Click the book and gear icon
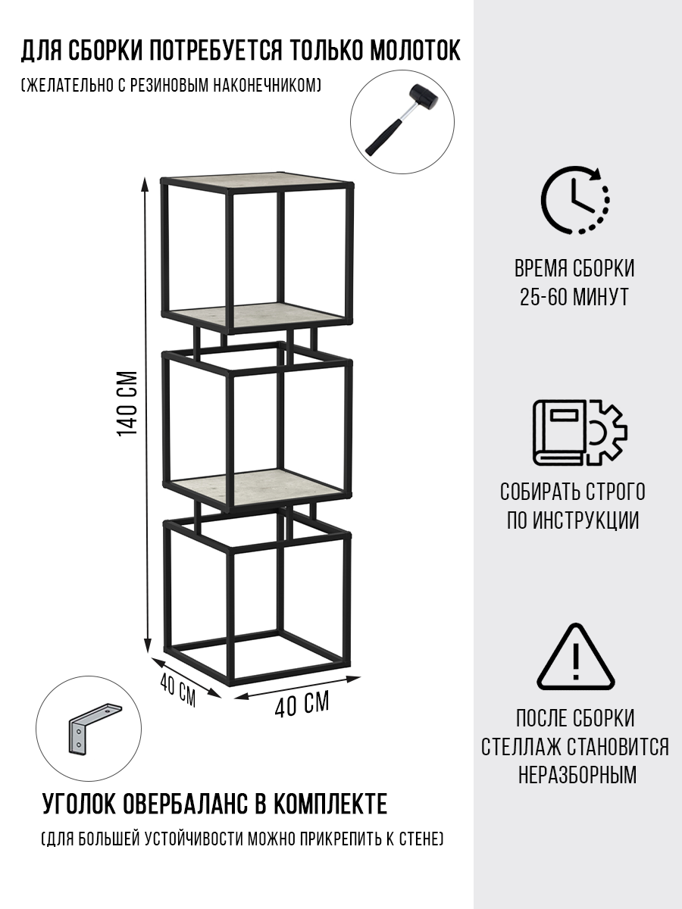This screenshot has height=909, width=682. point(578,431)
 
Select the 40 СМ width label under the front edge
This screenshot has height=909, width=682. point(302,705)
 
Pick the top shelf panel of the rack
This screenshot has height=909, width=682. point(258,181)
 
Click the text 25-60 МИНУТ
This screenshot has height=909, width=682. point(574,296)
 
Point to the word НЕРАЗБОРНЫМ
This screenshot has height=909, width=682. point(577,775)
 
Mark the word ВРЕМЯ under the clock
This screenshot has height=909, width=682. point(540,268)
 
